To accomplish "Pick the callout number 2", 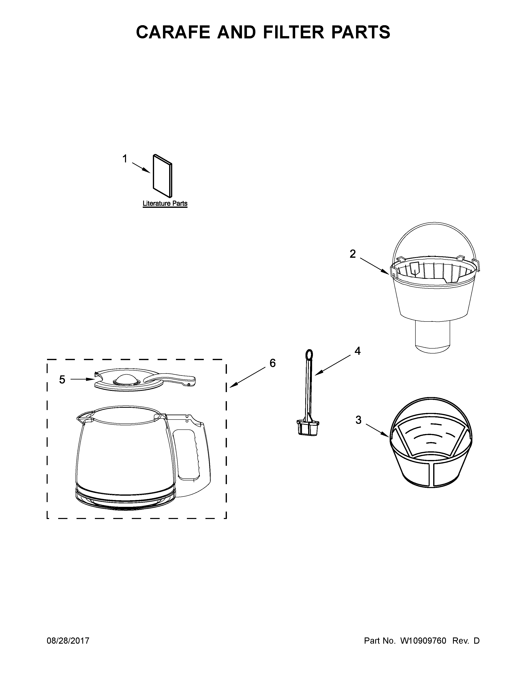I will (x=353, y=254).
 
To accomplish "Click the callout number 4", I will (x=357, y=351).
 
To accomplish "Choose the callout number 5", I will (x=62, y=380).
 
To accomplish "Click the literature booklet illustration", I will (x=162, y=176).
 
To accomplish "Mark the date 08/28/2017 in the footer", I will (x=68, y=641).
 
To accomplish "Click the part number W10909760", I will (x=423, y=641).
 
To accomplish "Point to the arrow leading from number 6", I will (x=248, y=377).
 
